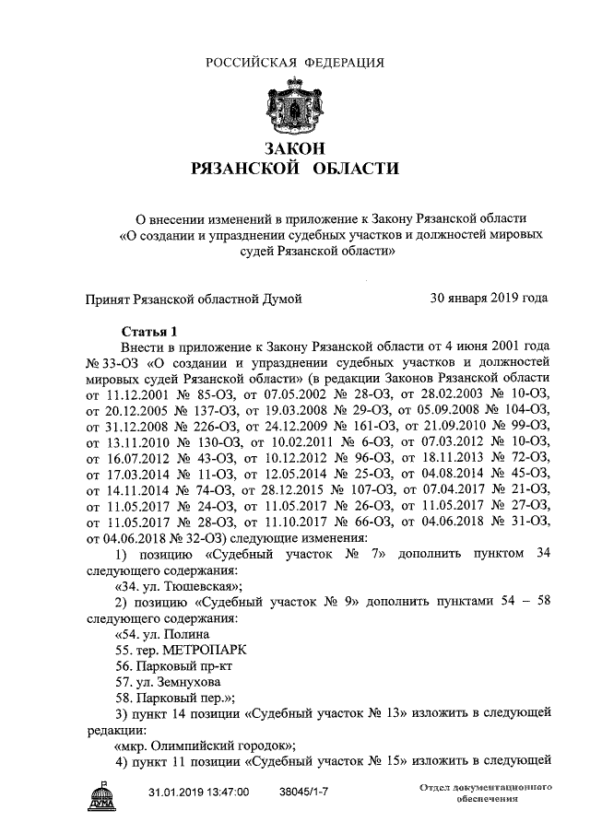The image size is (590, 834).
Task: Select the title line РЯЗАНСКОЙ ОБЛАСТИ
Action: coord(294,169)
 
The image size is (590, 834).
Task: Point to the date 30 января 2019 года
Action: coord(489,298)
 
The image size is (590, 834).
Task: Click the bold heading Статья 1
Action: coord(148,332)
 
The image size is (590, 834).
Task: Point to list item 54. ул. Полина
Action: coord(162,634)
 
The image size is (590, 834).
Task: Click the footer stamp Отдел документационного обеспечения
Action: coord(484,794)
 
